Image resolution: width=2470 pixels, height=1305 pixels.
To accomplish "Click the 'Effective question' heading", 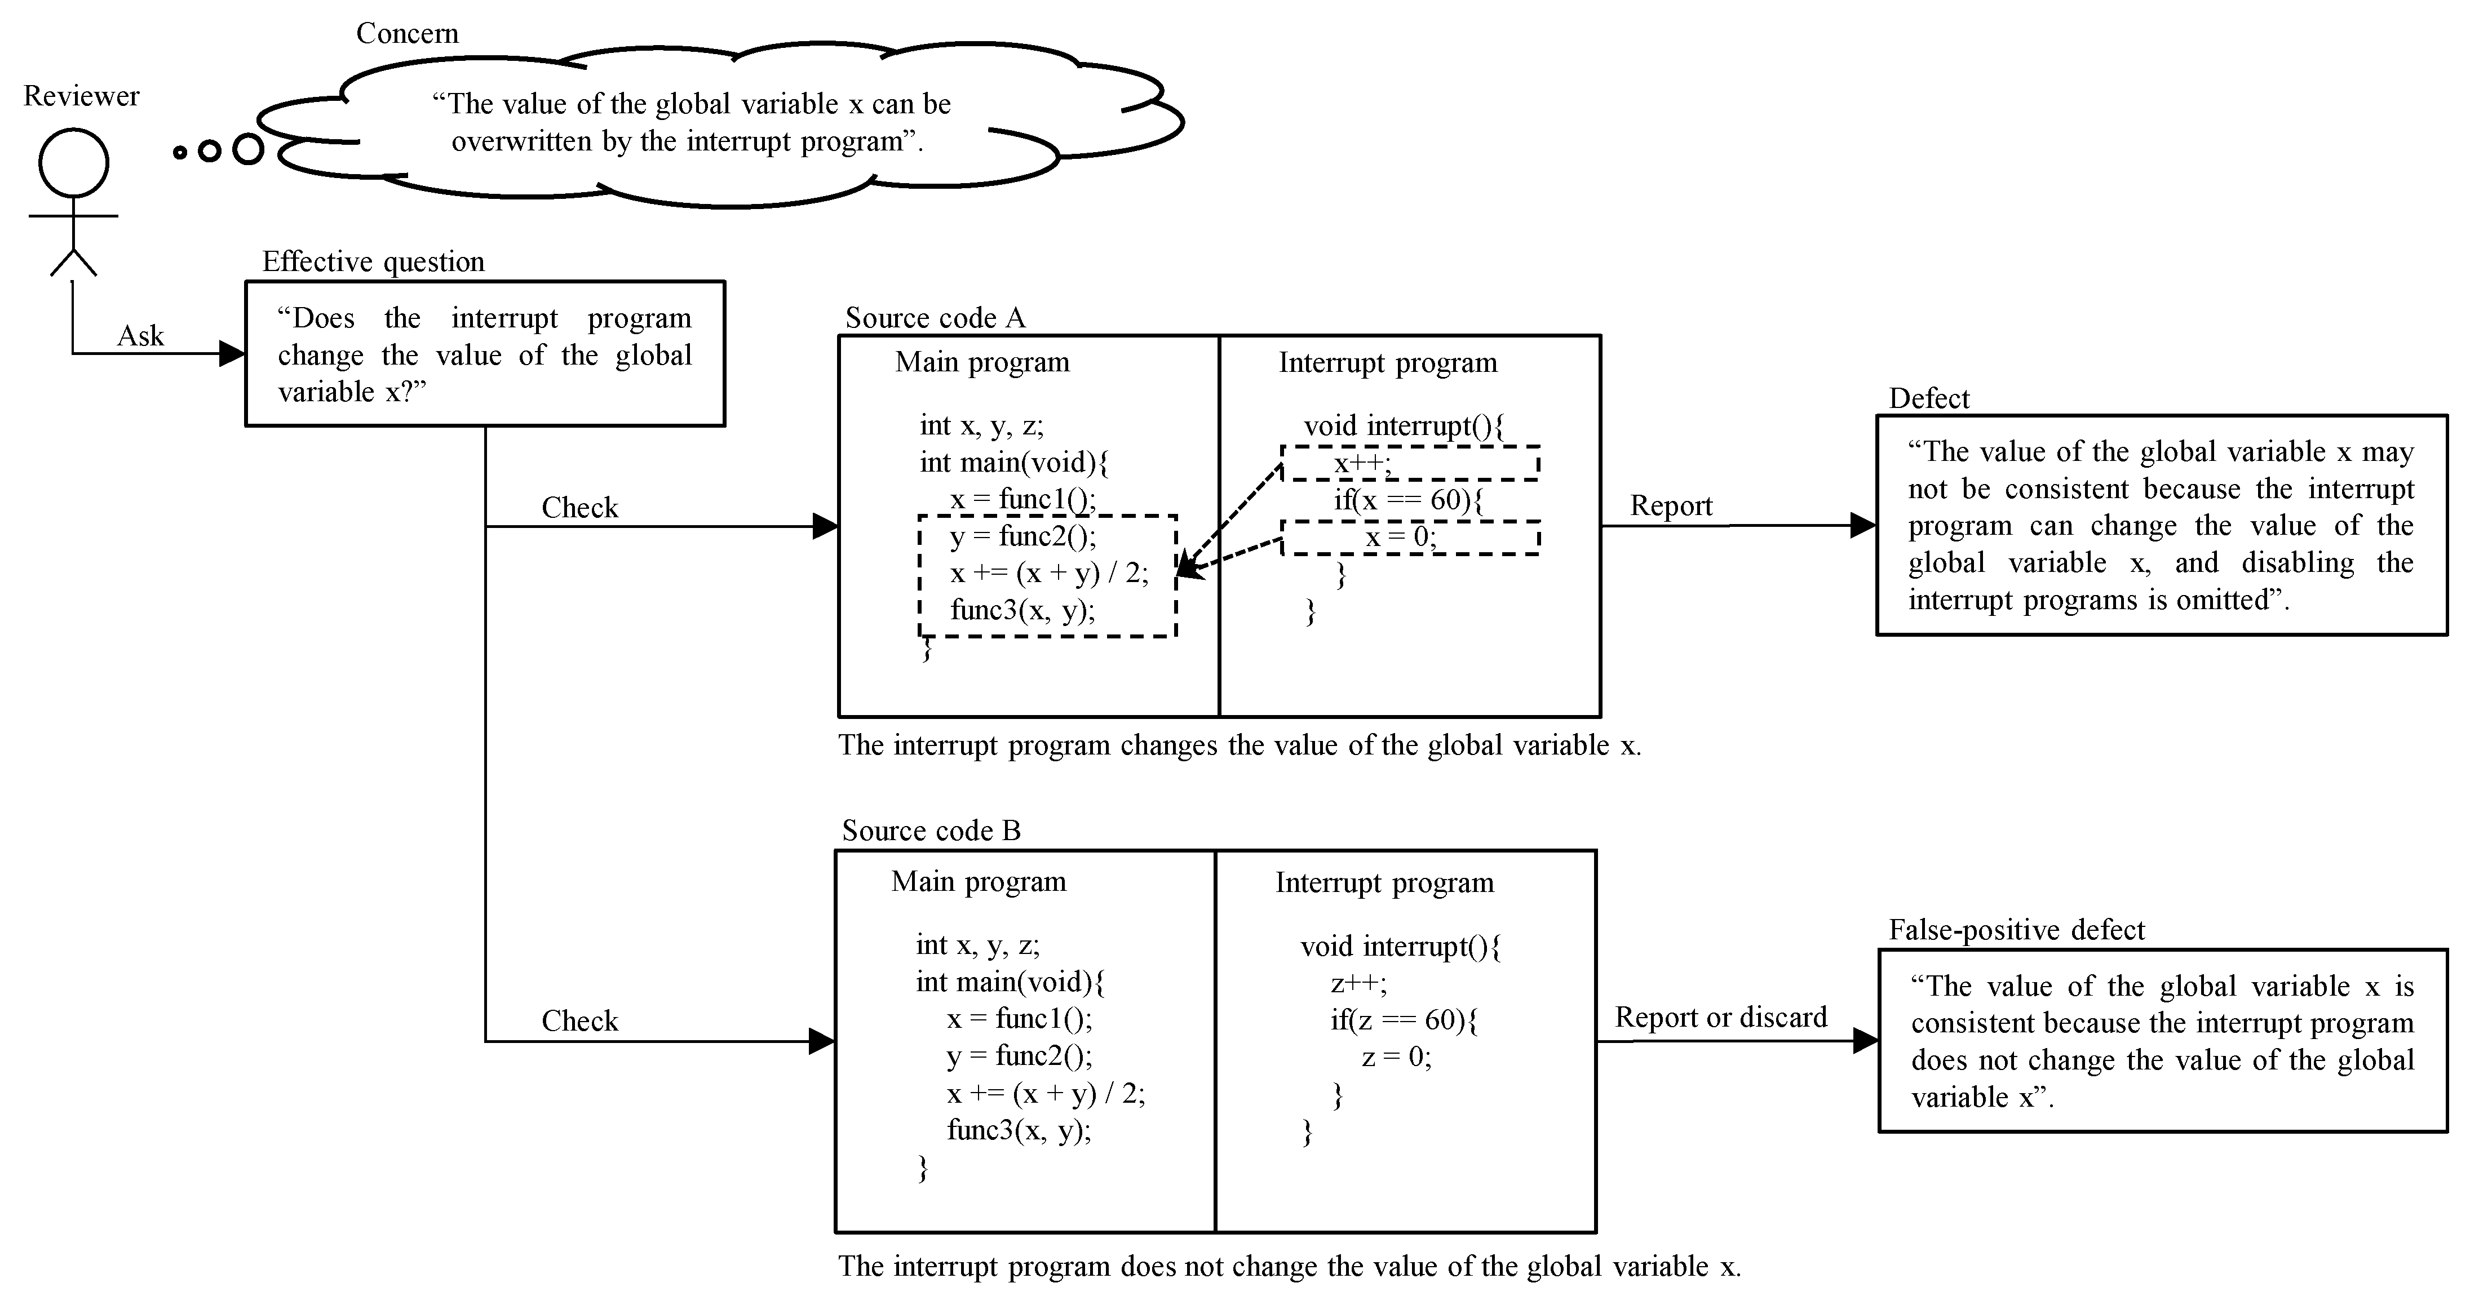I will pos(373,262).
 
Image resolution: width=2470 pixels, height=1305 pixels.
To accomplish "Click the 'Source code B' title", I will pos(931,831).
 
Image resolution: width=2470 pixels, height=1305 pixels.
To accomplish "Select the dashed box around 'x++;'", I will pos(1410,463).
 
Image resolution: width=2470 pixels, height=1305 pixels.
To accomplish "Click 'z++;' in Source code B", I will pos(1358,983).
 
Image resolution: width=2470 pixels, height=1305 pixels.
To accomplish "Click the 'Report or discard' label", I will pos(1720,1017).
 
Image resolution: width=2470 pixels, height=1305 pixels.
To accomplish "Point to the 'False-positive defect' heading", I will pos(2016,930).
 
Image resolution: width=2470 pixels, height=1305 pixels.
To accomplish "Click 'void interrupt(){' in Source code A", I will pos(1404,426).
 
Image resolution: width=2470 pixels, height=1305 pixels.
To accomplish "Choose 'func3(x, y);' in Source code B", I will pos(1019,1130).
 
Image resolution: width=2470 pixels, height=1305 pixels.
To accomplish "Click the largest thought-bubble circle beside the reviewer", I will pos(249,149).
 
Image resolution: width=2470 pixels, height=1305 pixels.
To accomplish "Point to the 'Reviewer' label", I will pos(82,96).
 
